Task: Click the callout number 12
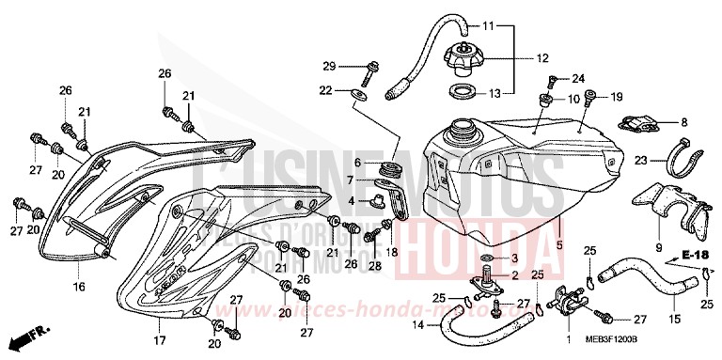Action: (x=542, y=57)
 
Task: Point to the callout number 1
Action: (x=568, y=337)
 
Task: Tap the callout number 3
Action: (x=513, y=258)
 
